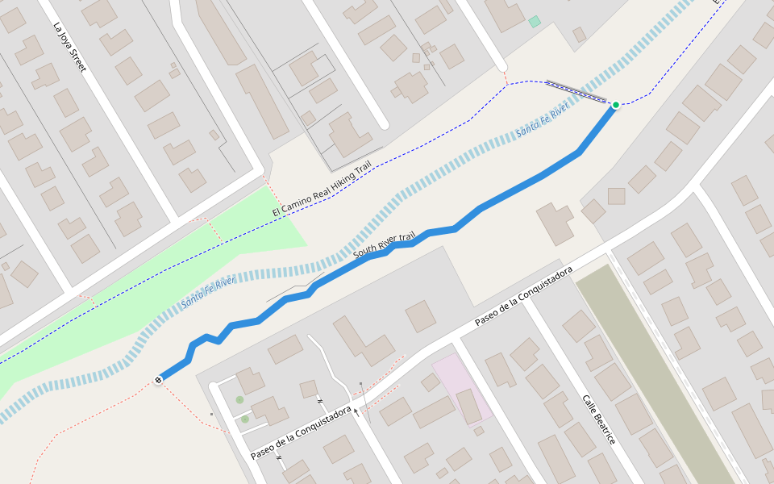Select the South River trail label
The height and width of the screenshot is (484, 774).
[x=384, y=245]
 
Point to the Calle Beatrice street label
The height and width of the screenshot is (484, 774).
[x=599, y=419]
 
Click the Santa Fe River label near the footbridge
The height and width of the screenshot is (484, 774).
[x=543, y=119]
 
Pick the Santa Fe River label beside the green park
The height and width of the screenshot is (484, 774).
[x=208, y=292]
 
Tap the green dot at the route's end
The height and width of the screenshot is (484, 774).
[x=616, y=105]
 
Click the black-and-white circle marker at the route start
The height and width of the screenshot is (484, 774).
[x=158, y=380]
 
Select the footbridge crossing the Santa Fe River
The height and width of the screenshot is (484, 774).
[x=576, y=91]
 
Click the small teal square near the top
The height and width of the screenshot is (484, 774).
[x=535, y=22]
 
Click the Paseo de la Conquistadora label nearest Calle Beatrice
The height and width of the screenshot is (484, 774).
[x=523, y=296]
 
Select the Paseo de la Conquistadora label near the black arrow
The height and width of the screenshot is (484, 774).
[x=301, y=432]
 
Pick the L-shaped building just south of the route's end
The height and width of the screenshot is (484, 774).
[x=555, y=223]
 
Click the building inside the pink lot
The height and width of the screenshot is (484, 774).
[x=470, y=406]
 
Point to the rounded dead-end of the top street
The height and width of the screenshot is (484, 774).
[x=501, y=65]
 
